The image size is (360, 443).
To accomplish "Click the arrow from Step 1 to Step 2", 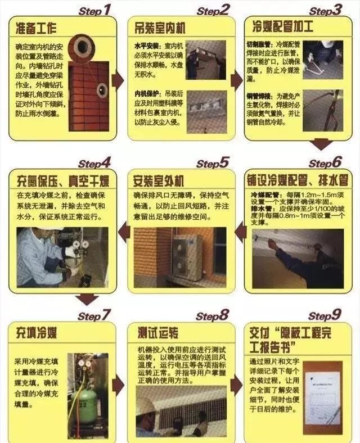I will [x=118, y=80].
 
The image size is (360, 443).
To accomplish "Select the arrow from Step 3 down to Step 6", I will [x=321, y=144].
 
